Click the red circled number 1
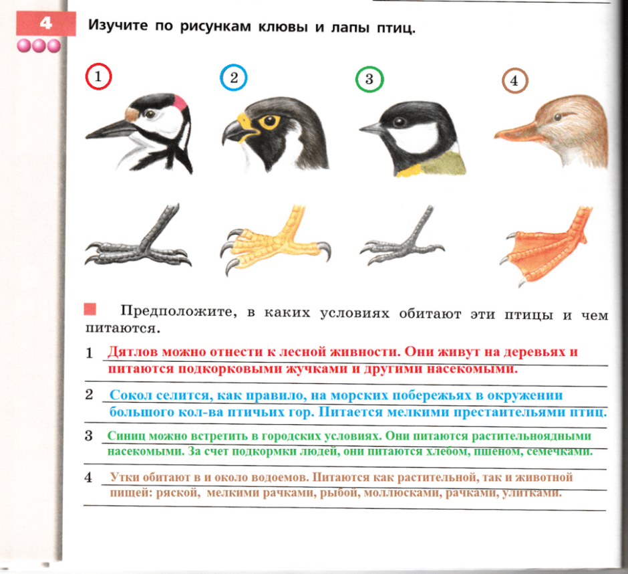(98, 77)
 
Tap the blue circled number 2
(233, 78)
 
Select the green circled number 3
(369, 80)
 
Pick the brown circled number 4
(514, 82)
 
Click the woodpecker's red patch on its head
(180, 102)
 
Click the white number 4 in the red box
(45, 23)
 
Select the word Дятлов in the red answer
(131, 351)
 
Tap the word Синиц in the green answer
(123, 436)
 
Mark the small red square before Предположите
(91, 309)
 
